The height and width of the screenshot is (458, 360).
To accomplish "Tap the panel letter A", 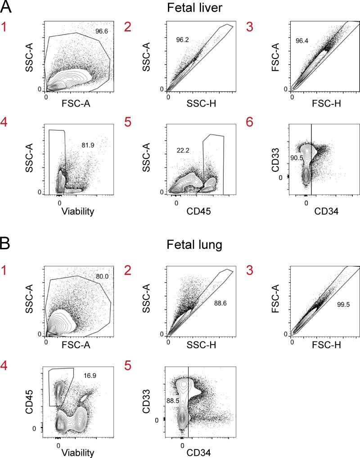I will [x=6, y=7].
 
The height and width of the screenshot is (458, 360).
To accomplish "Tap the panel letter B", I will [x=6, y=246].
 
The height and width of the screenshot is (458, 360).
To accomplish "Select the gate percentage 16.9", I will [x=88, y=375].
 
